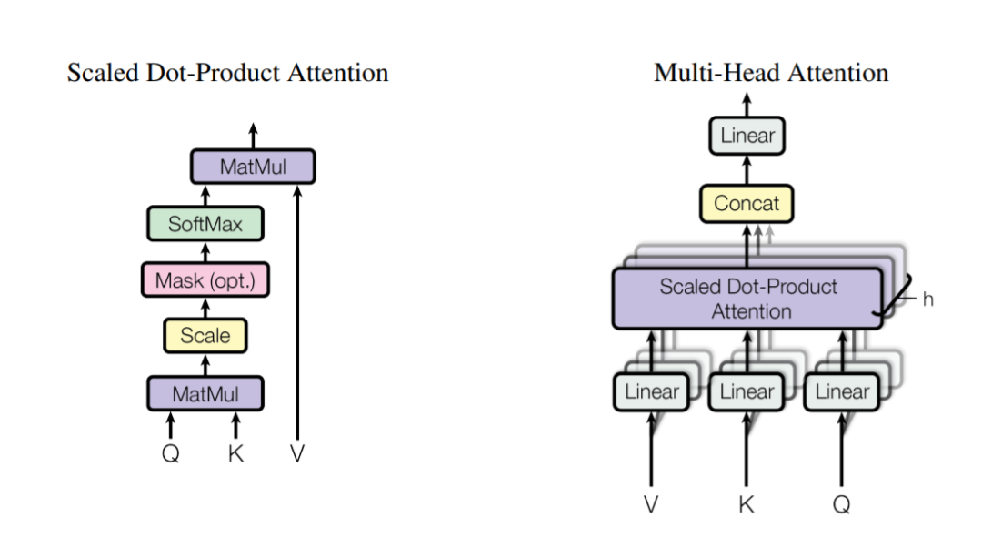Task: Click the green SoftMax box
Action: coord(205,224)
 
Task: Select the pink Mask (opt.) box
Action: coord(205,279)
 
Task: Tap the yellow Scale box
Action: coord(205,336)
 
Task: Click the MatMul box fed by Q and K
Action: coord(205,394)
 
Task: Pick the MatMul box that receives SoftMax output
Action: coord(253,167)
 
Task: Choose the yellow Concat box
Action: coord(747,203)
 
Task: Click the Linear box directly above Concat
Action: coord(747,136)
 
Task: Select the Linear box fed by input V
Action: coord(651,392)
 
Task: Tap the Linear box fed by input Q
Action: coord(842,392)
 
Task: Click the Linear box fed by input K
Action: coord(747,392)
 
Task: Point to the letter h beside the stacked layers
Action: coord(927,299)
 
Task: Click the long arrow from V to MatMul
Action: coord(297,312)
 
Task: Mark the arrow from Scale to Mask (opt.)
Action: coord(205,308)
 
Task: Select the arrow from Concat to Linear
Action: coord(747,170)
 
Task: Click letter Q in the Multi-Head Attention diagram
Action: coord(842,504)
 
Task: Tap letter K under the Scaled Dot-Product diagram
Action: coord(235,452)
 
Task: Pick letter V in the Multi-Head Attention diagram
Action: coord(651,504)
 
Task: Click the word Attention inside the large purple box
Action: coord(752,311)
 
